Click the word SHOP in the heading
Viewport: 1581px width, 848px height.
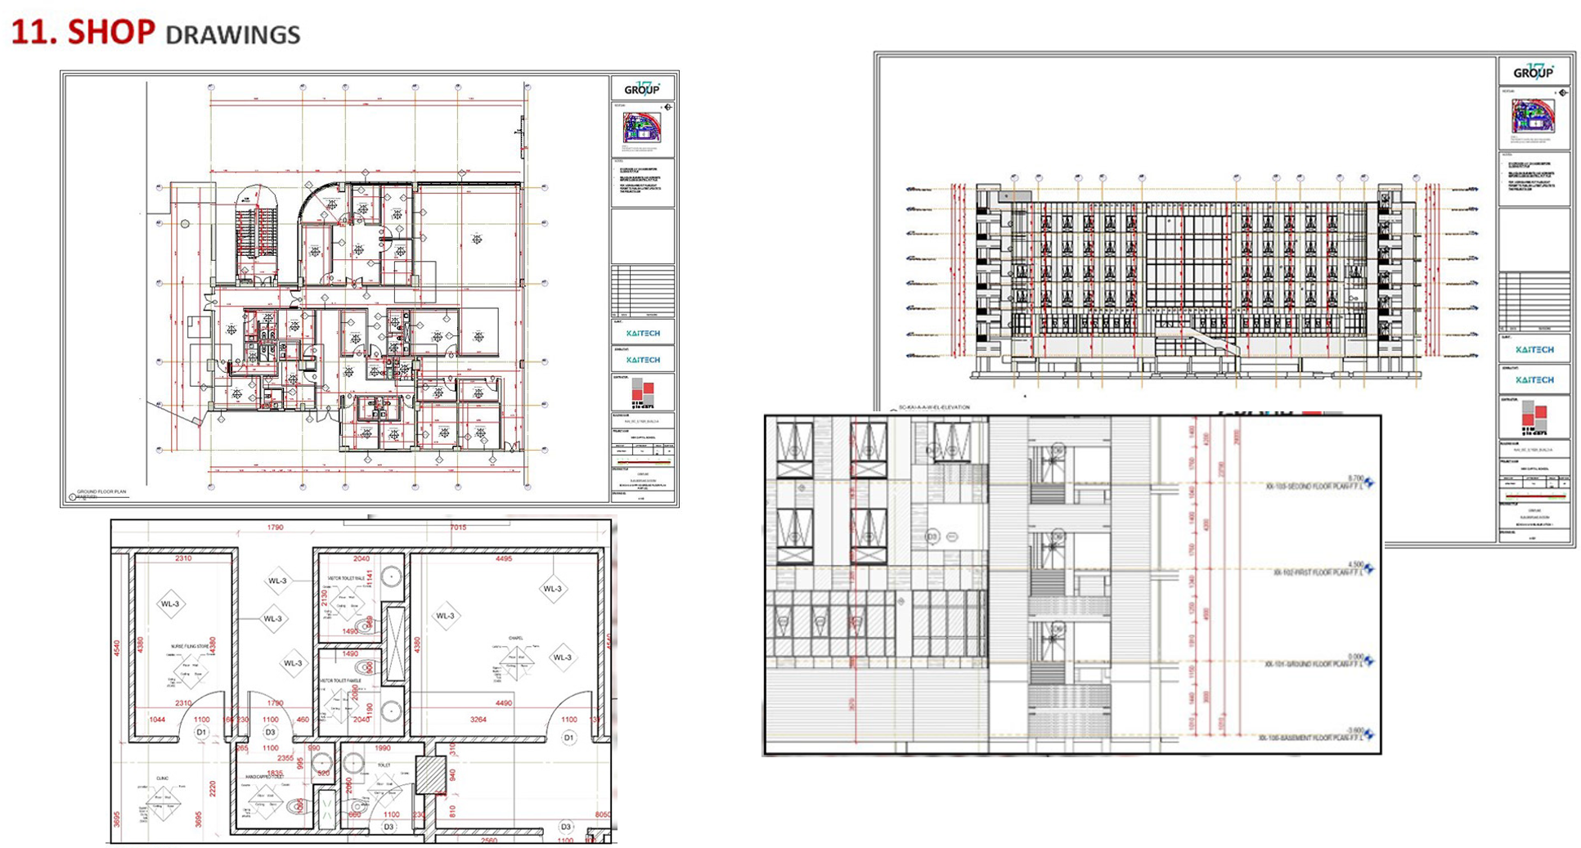[111, 32]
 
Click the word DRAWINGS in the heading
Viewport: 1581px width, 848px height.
[232, 34]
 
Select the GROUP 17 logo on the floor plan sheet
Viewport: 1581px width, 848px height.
[642, 87]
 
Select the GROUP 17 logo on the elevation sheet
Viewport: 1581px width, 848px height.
[1533, 71]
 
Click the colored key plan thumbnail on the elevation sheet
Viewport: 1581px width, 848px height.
[1532, 115]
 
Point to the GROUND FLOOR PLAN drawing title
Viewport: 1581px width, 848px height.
[101, 492]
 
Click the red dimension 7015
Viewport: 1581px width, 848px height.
[458, 527]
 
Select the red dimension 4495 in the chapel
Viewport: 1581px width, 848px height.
[504, 559]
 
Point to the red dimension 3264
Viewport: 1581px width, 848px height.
[478, 720]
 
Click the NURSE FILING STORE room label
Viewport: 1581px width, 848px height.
[190, 646]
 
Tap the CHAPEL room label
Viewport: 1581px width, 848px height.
[515, 639]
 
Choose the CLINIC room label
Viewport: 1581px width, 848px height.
[163, 778]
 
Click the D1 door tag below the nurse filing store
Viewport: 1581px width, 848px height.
[201, 732]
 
